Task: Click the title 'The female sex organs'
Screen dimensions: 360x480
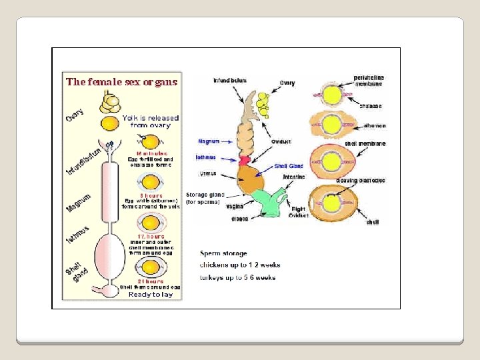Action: [x=121, y=83]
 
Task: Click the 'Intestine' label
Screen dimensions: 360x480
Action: [x=293, y=177]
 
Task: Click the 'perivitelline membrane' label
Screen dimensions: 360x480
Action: [x=369, y=81]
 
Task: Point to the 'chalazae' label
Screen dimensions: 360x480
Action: [x=370, y=105]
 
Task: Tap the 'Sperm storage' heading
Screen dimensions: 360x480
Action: [x=223, y=253]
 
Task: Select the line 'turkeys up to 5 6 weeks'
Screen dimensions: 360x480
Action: [x=238, y=277]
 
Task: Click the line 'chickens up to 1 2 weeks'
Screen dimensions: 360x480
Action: [x=240, y=265]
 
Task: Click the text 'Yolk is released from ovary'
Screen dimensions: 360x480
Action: [x=150, y=121]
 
